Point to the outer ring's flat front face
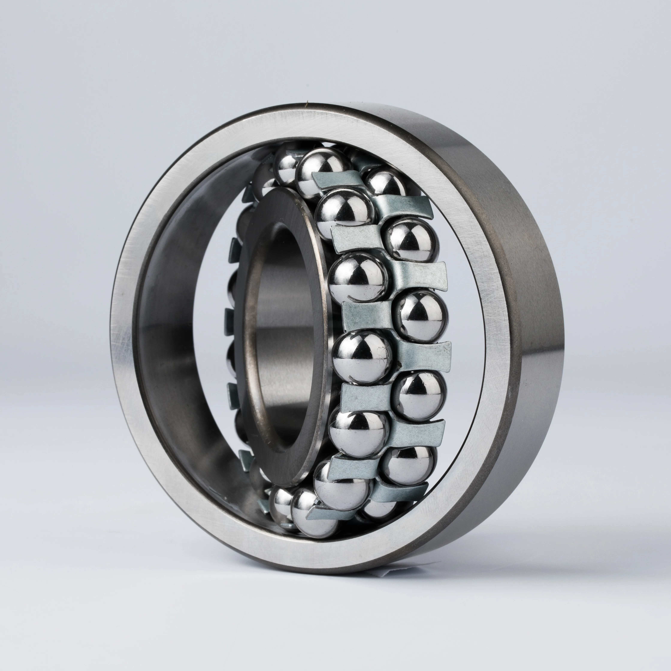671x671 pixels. [x=132, y=347]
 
